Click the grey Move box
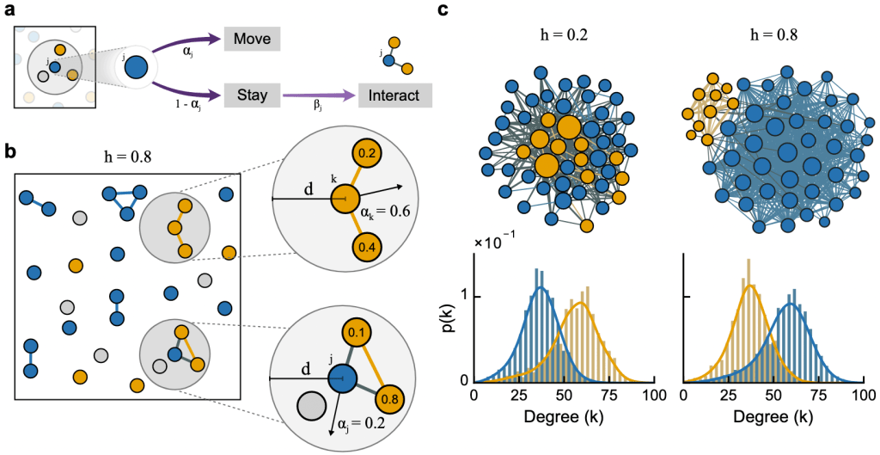coord(253,40)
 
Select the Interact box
coord(395,94)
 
